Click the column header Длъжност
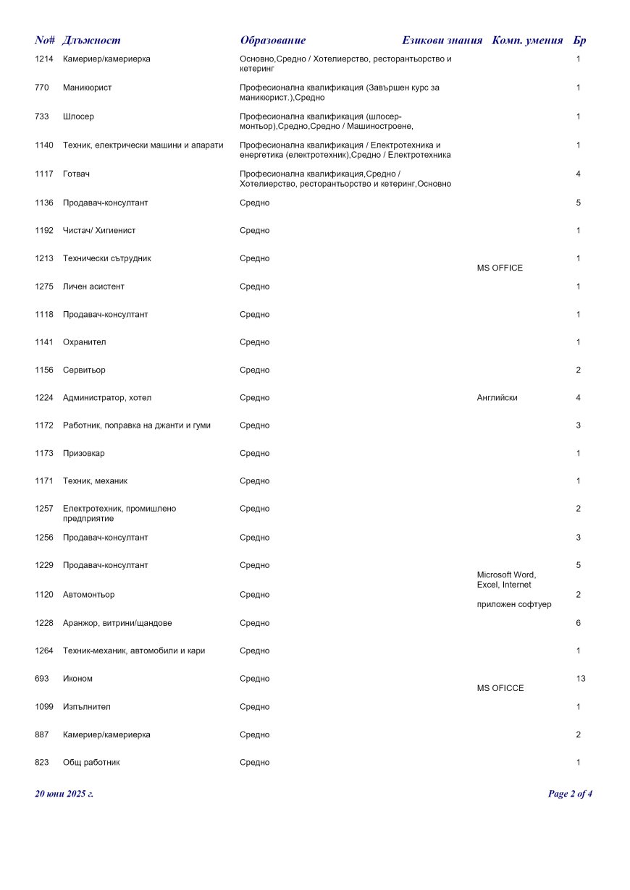[91, 41]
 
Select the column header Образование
[273, 41]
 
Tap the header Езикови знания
[442, 41]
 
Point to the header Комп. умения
[527, 41]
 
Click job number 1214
[43, 59]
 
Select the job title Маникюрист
[87, 88]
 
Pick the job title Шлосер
[78, 116]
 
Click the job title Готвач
[76, 174]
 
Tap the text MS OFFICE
[500, 268]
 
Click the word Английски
[497, 398]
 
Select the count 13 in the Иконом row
[581, 679]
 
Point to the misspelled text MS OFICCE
[500, 689]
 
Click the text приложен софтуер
[513, 605]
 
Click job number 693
[41, 679]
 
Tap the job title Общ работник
[91, 763]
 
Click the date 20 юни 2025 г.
[64, 794]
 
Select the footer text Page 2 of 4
[570, 794]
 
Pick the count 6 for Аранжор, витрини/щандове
[578, 623]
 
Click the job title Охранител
[84, 342]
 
